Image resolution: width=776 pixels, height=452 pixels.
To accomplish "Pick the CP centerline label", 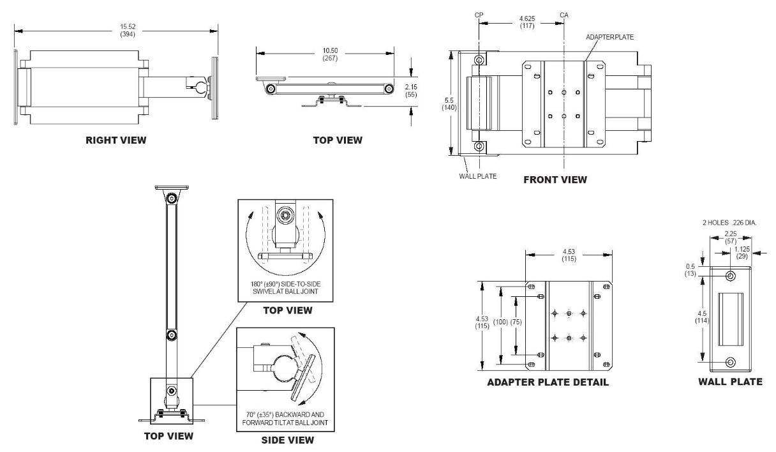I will (x=479, y=14).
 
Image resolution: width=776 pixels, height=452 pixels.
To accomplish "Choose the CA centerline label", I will (x=564, y=14).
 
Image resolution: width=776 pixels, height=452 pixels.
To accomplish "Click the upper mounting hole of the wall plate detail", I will (x=731, y=276).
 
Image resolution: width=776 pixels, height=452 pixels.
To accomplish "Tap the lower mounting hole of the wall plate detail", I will (x=731, y=363).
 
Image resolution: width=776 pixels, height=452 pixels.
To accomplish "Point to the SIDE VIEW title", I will (x=283, y=440).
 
